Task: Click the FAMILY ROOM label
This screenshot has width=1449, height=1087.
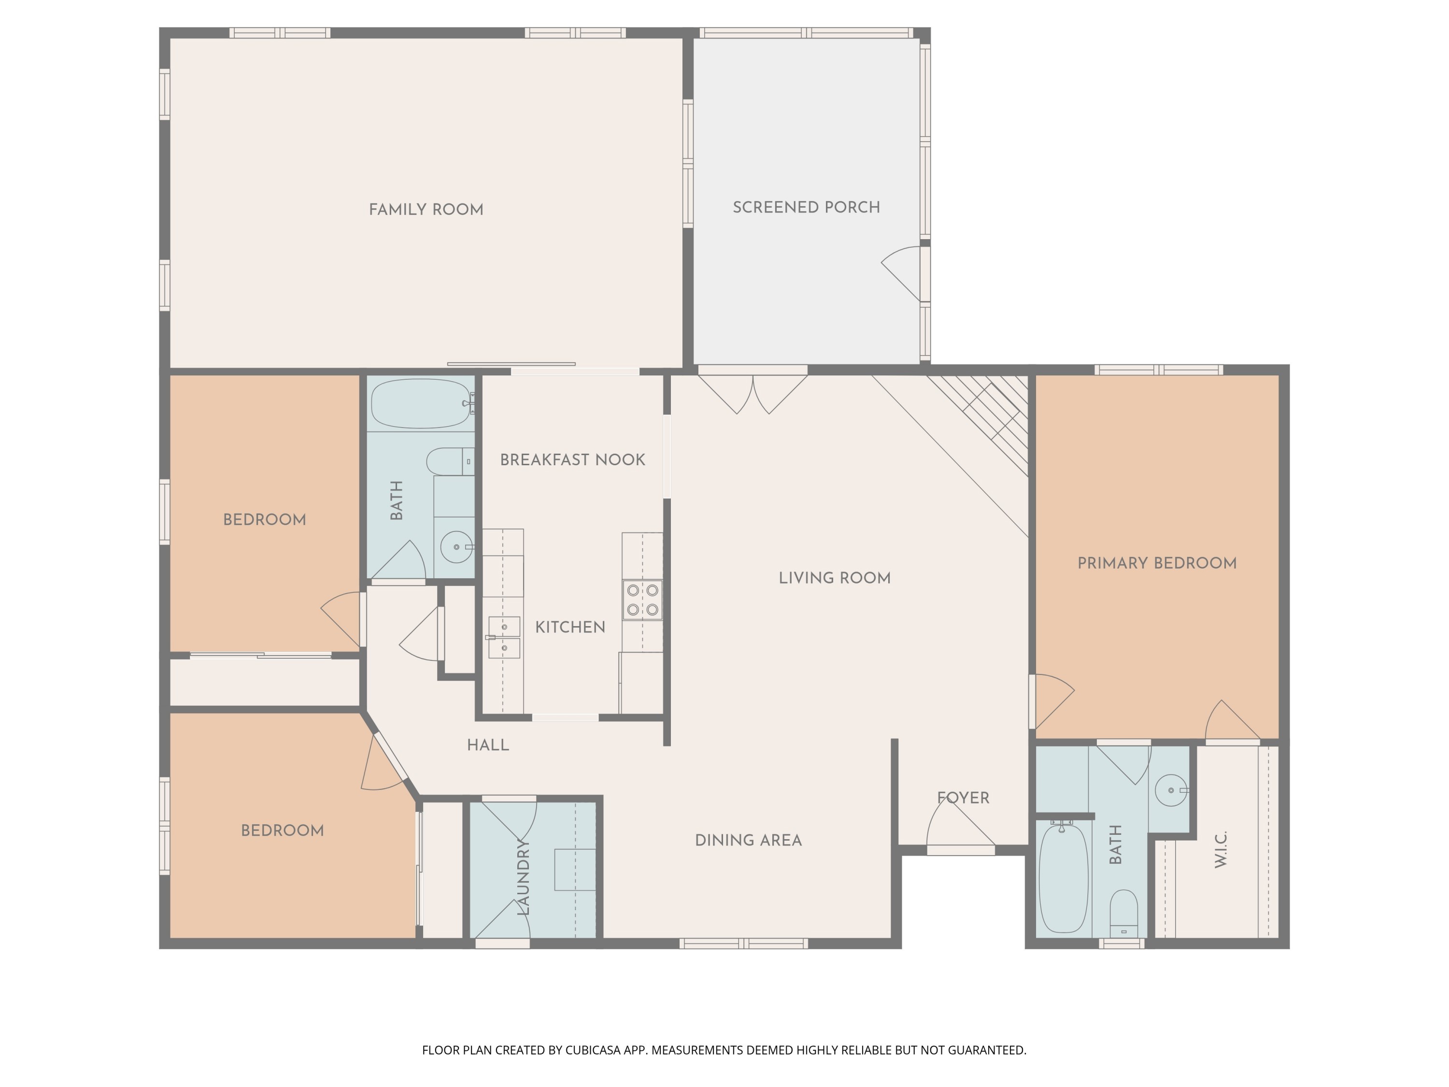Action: [426, 210]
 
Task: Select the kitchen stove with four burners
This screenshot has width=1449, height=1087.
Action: [642, 600]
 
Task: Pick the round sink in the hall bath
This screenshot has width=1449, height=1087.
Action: [456, 546]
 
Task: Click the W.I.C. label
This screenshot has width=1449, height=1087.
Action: [1221, 850]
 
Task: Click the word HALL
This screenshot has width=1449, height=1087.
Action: [487, 745]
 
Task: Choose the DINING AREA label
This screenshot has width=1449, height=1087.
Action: [748, 841]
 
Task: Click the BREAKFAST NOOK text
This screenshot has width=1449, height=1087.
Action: [572, 460]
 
